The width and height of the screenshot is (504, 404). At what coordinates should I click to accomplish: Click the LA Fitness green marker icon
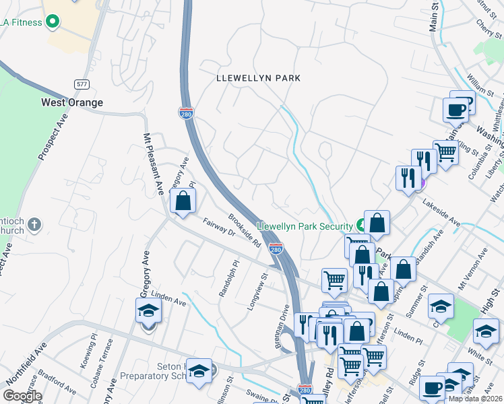point(52,22)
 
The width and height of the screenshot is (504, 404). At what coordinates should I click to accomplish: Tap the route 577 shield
point(82,84)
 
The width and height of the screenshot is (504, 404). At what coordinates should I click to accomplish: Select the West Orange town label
point(72,102)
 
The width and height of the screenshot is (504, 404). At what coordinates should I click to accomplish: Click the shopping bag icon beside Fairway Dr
point(183,201)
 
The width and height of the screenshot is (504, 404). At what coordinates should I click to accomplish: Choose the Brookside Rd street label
point(244,231)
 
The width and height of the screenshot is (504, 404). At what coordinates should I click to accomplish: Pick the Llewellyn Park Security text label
point(304,226)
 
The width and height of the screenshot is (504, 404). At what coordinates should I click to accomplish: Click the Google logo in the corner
point(22,396)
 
